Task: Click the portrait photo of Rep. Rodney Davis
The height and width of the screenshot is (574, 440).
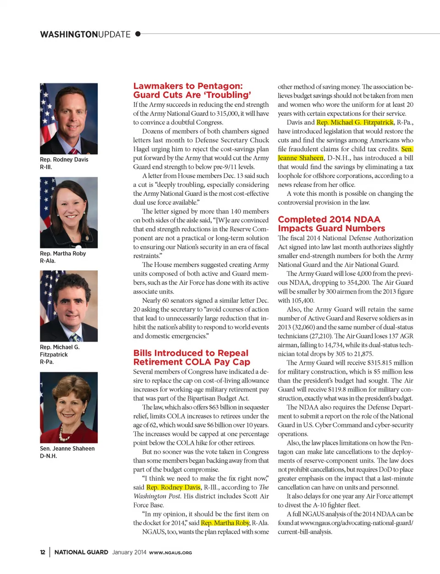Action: click(69, 118)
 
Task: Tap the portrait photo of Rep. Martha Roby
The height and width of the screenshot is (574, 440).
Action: click(69, 212)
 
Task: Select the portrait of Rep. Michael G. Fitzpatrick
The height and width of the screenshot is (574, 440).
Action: click(69, 306)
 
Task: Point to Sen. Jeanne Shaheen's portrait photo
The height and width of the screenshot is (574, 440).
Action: click(69, 407)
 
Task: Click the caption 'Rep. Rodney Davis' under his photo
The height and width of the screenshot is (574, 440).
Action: click(64, 160)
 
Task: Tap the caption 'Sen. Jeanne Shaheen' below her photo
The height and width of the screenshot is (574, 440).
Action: click(67, 449)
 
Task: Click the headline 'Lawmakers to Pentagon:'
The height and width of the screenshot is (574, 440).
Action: click(188, 86)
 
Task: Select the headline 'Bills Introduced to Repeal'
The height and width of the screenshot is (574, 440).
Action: click(191, 353)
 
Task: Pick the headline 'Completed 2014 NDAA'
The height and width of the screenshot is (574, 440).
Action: click(329, 220)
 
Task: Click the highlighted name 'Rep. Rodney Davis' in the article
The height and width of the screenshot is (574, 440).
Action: click(173, 487)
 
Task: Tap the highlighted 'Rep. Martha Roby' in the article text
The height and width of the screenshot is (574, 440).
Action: click(225, 523)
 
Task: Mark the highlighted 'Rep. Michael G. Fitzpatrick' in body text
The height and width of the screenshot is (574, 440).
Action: click(355, 123)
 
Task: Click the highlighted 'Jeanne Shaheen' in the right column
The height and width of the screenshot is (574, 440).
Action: click(301, 158)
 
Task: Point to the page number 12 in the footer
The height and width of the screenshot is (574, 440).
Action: click(43, 552)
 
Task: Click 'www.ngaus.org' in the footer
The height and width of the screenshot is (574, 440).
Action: click(170, 553)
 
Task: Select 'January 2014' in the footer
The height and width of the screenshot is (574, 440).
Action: click(129, 552)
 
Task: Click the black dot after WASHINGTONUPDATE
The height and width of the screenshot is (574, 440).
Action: click(137, 34)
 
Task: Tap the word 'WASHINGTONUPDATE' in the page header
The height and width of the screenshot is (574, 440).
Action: click(85, 34)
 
